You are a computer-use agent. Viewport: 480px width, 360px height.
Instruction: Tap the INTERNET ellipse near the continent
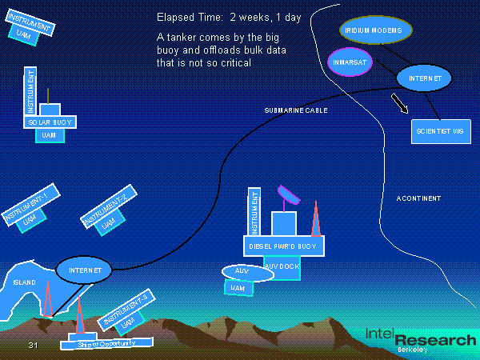point(425,78)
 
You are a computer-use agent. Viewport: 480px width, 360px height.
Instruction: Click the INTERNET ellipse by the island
point(84,270)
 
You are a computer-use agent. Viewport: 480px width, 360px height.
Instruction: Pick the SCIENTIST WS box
point(439,130)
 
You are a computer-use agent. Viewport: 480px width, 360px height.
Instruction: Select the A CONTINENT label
point(418,198)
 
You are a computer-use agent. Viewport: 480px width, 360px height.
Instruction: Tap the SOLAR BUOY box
point(45,122)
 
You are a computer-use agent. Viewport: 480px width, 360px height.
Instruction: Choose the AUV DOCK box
point(282,266)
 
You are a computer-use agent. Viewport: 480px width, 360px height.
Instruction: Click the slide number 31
point(33,345)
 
